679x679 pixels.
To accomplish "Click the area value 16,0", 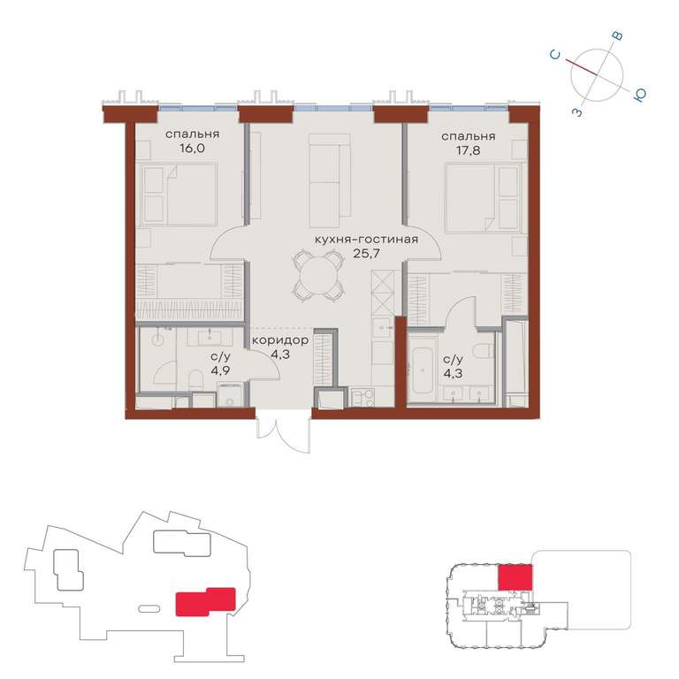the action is [x=192, y=149].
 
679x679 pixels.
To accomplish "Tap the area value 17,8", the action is [x=468, y=151].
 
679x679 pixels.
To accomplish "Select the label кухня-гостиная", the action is [x=366, y=240].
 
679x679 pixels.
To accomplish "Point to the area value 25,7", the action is [x=366, y=254].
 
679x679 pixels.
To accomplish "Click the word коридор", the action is [x=280, y=340].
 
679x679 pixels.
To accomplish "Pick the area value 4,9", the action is [x=220, y=371].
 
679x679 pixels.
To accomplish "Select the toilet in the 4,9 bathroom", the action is [x=196, y=379].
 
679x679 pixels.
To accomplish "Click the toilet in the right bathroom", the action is [x=484, y=350].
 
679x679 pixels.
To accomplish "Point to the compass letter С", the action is [x=555, y=55].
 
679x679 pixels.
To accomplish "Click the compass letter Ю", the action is [x=639, y=95].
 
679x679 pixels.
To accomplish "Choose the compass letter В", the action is [x=618, y=36].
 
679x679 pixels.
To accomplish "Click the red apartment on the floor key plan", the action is [x=515, y=576].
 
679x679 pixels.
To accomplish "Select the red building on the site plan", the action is [x=205, y=601].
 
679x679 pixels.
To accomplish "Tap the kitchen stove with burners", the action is [x=362, y=398].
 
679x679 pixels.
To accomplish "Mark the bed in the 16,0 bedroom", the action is [x=176, y=195].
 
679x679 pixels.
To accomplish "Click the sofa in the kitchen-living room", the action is [x=330, y=180].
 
